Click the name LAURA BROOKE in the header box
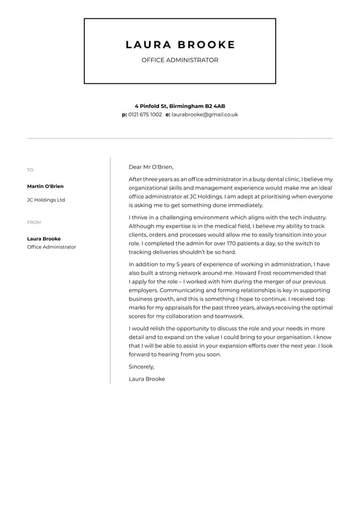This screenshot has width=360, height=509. (180, 44)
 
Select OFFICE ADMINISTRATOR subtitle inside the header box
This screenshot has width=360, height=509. (180, 60)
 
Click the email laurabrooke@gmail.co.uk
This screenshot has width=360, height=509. (205, 115)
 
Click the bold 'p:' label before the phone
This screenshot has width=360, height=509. (125, 115)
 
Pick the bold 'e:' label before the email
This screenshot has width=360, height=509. (168, 115)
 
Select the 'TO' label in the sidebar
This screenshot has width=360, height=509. (30, 170)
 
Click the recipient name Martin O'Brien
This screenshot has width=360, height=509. (45, 186)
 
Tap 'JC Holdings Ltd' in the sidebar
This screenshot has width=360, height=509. (46, 200)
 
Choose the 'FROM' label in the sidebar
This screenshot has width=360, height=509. (34, 223)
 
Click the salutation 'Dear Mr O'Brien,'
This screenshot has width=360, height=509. (151, 167)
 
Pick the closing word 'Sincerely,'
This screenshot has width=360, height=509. (142, 366)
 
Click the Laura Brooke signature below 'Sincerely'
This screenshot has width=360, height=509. (147, 379)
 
